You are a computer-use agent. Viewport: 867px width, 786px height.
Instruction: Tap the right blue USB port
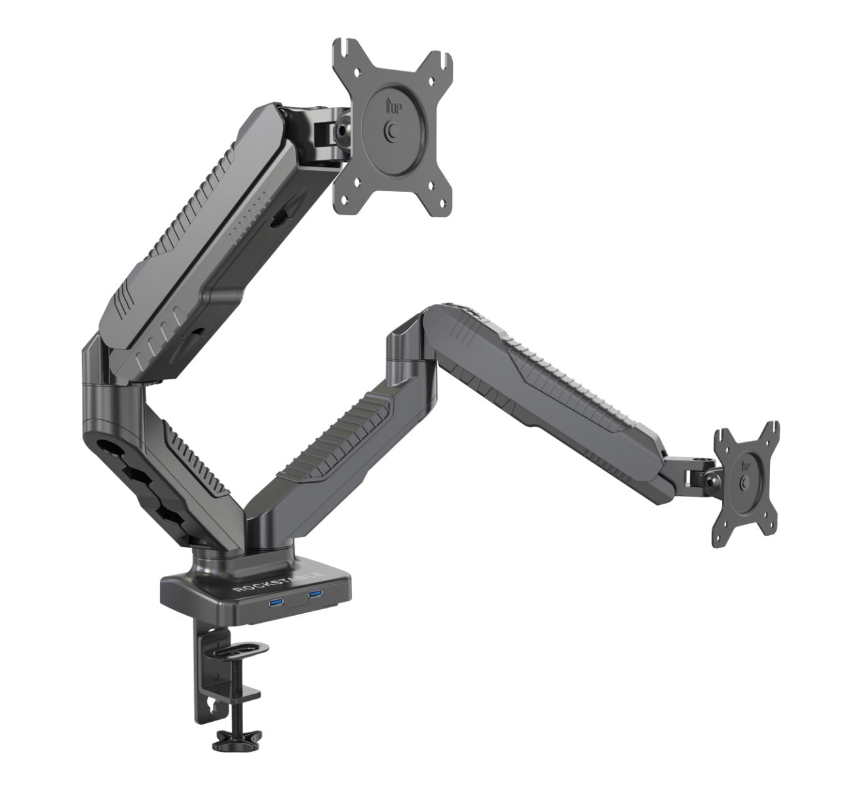pos(316,595)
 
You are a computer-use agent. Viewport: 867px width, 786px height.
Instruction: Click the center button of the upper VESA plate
pos(393,130)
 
